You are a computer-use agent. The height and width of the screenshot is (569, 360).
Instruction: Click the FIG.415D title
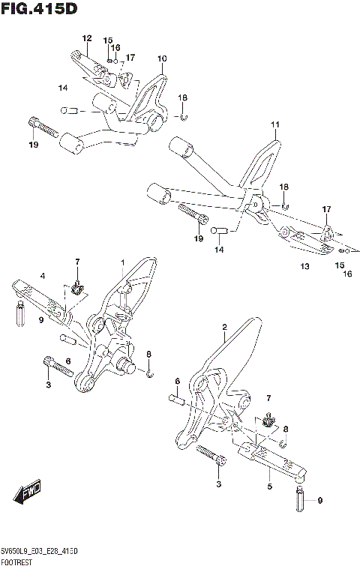(39, 9)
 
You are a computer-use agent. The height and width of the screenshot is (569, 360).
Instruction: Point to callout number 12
(87, 38)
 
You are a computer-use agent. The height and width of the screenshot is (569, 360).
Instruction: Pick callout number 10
(162, 58)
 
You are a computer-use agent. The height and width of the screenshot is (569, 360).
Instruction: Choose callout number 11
(274, 124)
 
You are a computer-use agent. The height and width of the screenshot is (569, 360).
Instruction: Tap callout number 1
(121, 262)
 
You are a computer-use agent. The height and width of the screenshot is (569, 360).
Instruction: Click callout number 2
(224, 328)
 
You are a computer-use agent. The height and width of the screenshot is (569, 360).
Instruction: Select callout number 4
(43, 277)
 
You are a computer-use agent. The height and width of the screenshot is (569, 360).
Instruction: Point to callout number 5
(269, 487)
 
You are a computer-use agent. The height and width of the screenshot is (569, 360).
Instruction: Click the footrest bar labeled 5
(270, 458)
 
